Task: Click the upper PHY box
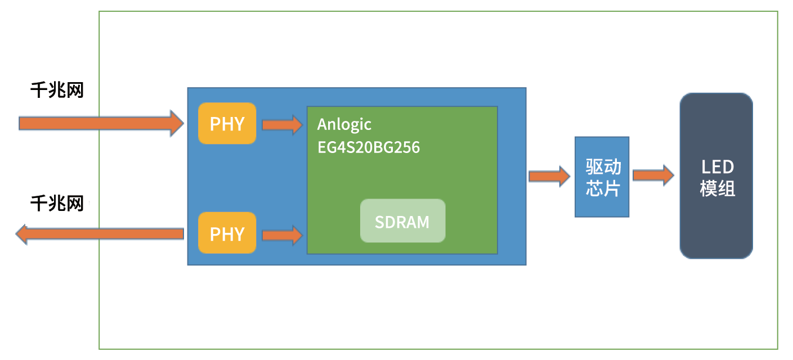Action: pos(227,123)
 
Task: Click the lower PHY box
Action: pos(227,233)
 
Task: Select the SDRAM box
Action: pos(402,221)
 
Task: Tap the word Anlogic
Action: pos(344,124)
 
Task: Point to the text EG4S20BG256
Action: pos(369,147)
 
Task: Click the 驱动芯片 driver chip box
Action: pos(601,177)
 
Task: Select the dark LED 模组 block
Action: pos(716,176)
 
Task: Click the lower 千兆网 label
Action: pos(57,203)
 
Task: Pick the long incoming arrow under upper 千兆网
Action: pos(101,123)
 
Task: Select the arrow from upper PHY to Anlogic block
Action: pos(282,124)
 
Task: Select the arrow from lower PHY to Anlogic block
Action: pos(282,234)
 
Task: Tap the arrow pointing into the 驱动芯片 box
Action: pos(549,176)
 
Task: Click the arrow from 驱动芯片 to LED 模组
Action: pos(653,175)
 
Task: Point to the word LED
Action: pos(718,167)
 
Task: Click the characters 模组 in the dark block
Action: pos(718,188)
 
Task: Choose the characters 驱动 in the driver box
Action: pos(603,167)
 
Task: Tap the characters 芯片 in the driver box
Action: pos(603,188)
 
